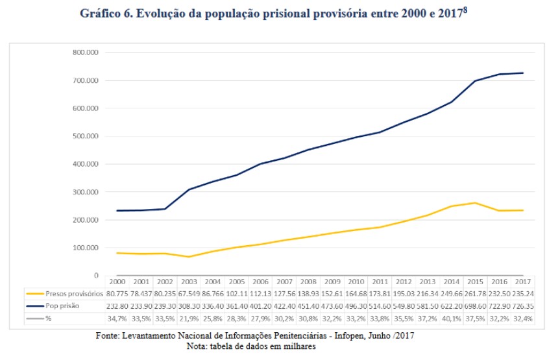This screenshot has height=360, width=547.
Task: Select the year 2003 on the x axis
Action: [189, 282]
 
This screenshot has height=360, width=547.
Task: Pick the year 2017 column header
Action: [522, 282]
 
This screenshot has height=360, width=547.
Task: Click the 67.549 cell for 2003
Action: [189, 293]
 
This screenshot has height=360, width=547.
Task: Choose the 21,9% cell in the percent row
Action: [189, 317]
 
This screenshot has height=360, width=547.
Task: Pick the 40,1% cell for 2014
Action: [451, 317]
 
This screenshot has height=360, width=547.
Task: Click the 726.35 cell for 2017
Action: [522, 305]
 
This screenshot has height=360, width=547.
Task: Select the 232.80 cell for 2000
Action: [117, 305]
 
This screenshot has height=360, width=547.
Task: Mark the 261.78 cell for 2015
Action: [475, 293]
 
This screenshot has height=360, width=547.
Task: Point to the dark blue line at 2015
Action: [475, 81]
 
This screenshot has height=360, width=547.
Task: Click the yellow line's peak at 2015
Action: [475, 202]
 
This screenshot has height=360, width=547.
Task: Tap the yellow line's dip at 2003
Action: [189, 257]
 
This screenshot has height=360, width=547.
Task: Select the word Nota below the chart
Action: [197, 346]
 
